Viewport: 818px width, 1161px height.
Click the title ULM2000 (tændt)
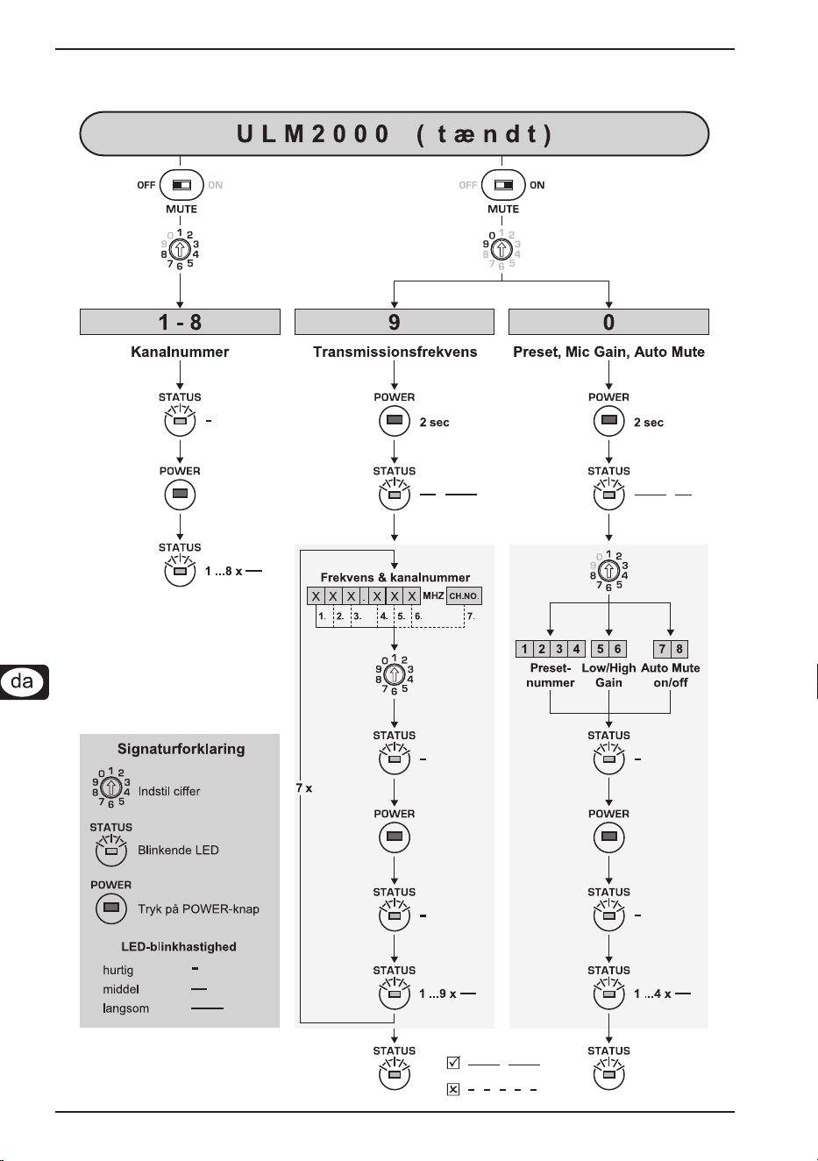[x=395, y=133]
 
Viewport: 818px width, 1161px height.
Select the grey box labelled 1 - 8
[x=180, y=322]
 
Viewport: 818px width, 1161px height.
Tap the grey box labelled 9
[x=395, y=322]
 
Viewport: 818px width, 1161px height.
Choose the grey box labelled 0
[x=608, y=322]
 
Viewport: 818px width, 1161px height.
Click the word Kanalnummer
[x=180, y=352]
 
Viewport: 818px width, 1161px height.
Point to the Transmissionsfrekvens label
[x=395, y=352]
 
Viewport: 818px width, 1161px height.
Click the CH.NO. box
[x=464, y=596]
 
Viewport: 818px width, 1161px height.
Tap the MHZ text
[x=433, y=595]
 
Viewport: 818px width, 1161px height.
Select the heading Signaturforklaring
[x=181, y=749]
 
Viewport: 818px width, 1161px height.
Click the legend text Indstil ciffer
[x=169, y=792]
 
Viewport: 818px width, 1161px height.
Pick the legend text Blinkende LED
[x=178, y=851]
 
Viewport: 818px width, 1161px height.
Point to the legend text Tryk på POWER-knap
[x=198, y=909]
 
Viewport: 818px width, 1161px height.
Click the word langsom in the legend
[x=126, y=1008]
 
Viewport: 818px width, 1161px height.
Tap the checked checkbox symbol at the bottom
[x=453, y=1063]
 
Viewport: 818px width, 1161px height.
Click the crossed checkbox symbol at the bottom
[x=453, y=1089]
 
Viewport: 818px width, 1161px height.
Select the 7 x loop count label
[x=304, y=788]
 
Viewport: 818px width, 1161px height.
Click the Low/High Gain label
[x=608, y=675]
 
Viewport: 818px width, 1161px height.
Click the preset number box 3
[x=559, y=649]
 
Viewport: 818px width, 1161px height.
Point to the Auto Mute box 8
[x=679, y=649]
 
